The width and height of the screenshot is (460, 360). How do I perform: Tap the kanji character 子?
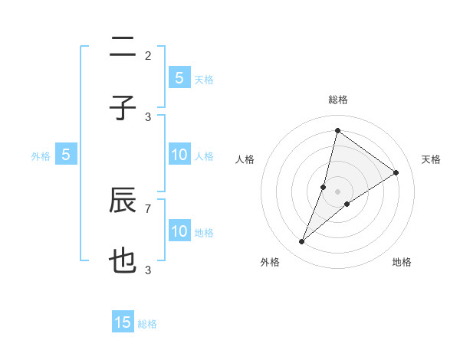pos(123,108)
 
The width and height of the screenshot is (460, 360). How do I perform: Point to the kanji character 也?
pos(123,261)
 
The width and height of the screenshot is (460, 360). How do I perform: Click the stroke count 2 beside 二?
pos(148,55)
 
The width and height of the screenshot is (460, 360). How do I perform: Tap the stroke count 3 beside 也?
pos(148,270)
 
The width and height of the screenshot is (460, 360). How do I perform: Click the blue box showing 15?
pos(123,322)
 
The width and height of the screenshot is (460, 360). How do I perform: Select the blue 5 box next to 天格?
pos(179,77)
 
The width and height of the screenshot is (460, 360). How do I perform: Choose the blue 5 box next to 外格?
pos(66,155)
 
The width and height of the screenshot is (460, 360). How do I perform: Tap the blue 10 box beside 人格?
pos(179,155)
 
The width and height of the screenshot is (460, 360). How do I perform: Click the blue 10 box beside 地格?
pos(179,231)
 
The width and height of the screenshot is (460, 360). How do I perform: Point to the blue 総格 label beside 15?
pos(147,324)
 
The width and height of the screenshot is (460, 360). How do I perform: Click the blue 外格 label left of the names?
pos(41,156)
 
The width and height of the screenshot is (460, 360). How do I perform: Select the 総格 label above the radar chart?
pos(337,100)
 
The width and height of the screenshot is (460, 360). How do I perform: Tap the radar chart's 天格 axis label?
pos(431,159)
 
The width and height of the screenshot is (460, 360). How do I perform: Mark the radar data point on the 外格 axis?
pos(302,242)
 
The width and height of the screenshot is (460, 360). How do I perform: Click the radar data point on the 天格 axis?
pos(396,173)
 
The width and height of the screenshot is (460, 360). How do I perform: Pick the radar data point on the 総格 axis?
pos(337,131)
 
